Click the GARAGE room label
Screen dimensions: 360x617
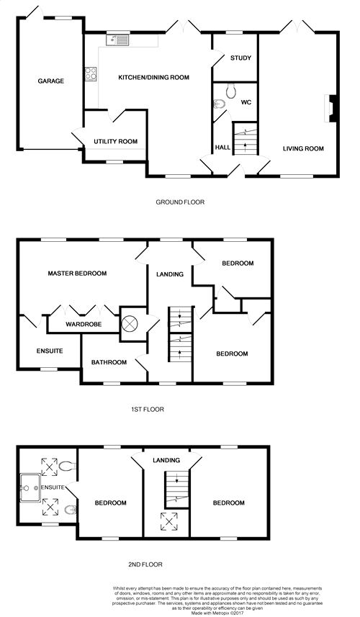pos(50,81)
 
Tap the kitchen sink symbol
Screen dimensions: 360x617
pos(117,40)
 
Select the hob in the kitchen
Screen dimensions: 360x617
pos(91,73)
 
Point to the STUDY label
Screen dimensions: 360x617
pos(240,58)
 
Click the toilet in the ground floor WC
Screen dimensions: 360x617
pos(230,91)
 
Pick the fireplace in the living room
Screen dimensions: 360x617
pos(330,108)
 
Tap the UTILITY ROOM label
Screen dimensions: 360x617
pos(116,142)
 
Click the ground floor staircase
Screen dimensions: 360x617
pos(246,138)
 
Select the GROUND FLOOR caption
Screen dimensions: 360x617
pos(180,202)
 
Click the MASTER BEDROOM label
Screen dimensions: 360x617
pos(77,273)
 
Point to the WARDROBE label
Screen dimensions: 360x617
pos(84,325)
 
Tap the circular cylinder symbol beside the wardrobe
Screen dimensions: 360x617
pos(130,324)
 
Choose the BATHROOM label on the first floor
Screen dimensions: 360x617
pos(109,362)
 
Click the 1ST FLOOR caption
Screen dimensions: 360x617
pos(148,409)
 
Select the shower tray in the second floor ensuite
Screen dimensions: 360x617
pos(30,488)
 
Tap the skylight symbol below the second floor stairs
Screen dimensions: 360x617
pos(168,521)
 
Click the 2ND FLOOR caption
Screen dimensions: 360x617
pos(145,564)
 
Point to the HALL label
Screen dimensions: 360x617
pos(222,148)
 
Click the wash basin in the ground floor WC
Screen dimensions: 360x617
pos(219,104)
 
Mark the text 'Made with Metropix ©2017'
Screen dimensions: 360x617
pos(217,613)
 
